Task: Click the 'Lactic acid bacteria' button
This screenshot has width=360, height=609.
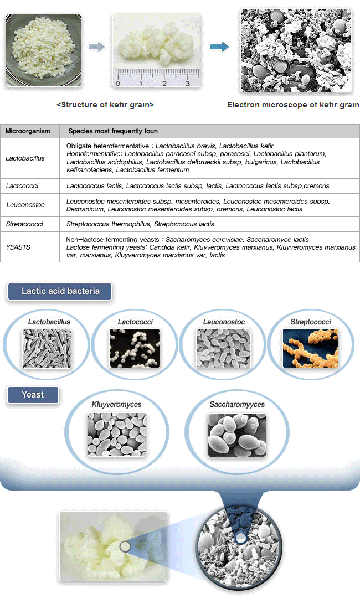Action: click(60, 291)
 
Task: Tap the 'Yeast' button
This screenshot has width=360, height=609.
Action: click(33, 395)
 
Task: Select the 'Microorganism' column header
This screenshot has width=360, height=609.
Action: click(28, 131)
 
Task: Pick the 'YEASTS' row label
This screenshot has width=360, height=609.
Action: click(18, 247)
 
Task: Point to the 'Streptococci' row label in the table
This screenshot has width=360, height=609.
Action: click(23, 224)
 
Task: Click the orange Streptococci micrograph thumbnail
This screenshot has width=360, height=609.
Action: click(310, 348)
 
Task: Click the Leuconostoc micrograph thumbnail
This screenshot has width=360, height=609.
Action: click(223, 348)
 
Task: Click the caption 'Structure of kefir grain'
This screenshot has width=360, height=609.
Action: click(105, 105)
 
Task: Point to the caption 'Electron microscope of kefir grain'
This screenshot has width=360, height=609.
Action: click(293, 105)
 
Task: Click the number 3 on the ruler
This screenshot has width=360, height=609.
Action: click(187, 84)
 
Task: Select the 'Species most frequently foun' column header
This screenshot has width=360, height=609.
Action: click(113, 131)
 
